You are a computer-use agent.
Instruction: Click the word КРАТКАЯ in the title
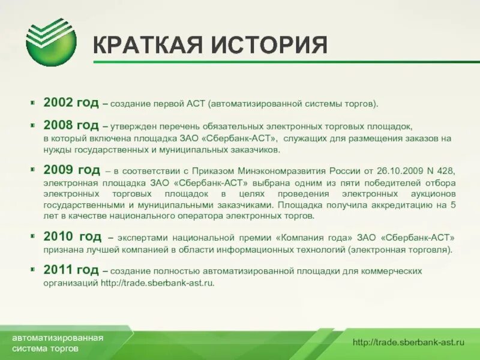click(x=147, y=47)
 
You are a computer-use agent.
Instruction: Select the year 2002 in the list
click(x=58, y=103)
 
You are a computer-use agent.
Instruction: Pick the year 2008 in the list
click(x=58, y=126)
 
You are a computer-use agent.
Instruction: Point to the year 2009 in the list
click(x=58, y=171)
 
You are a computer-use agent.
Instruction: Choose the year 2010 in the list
click(x=58, y=237)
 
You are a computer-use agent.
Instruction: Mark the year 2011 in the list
click(x=58, y=271)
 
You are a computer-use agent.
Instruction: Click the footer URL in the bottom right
click(x=409, y=343)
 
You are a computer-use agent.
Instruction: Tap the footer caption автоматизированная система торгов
click(x=58, y=343)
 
